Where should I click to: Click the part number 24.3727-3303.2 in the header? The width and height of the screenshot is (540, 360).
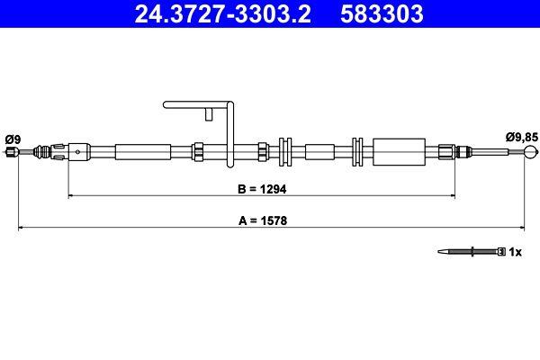[x=216, y=13]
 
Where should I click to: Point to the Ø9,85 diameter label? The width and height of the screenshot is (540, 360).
[x=521, y=137]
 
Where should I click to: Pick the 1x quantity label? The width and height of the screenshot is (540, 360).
[x=516, y=252]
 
